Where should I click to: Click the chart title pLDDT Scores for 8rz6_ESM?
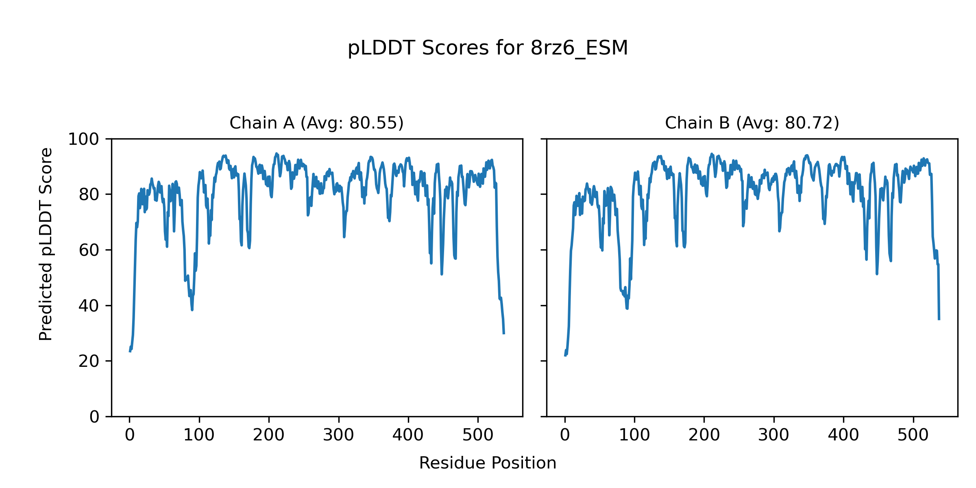tap(488, 48)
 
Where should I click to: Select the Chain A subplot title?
tap(316, 123)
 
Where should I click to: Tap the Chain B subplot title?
tap(752, 123)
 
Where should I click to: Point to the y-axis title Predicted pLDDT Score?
tap(46, 244)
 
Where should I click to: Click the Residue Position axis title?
tap(488, 463)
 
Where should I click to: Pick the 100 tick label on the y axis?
tap(83, 139)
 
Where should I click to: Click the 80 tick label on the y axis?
tap(89, 195)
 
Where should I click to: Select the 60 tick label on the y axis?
tap(89, 251)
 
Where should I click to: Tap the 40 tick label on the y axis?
tap(89, 306)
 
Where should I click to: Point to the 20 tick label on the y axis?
tap(89, 361)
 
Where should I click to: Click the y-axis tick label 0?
tap(94, 417)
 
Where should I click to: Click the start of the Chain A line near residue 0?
tap(130, 351)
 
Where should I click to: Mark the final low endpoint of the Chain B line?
tap(939, 319)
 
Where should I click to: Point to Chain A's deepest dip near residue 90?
tap(192, 310)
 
